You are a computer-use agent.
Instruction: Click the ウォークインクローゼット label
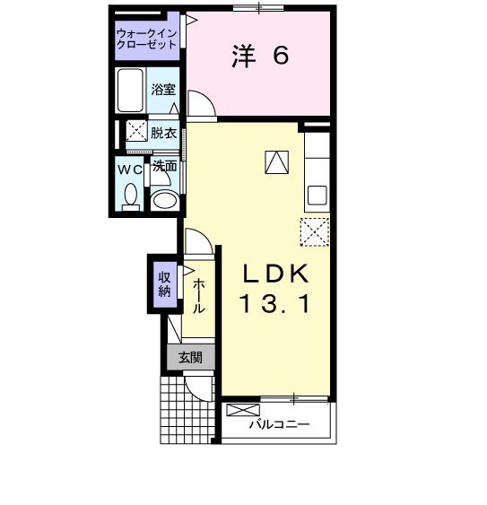coord(147,39)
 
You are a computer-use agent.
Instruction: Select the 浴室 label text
coord(163,90)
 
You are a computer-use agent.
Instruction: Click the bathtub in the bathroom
coord(131,90)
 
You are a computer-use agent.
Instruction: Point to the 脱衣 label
coord(163,133)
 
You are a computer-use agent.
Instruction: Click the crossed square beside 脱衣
coord(136,132)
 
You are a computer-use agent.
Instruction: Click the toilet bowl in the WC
coord(130,196)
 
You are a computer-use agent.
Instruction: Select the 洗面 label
coord(164,167)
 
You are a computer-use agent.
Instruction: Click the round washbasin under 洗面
coord(163,199)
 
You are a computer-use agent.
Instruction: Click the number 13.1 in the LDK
coord(275,305)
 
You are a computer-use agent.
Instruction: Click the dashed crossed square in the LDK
coord(315,232)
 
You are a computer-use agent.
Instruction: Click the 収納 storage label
coord(165,283)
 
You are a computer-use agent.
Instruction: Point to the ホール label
coord(199,292)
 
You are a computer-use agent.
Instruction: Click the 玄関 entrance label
coord(190,357)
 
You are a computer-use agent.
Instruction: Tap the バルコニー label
coord(279,424)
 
